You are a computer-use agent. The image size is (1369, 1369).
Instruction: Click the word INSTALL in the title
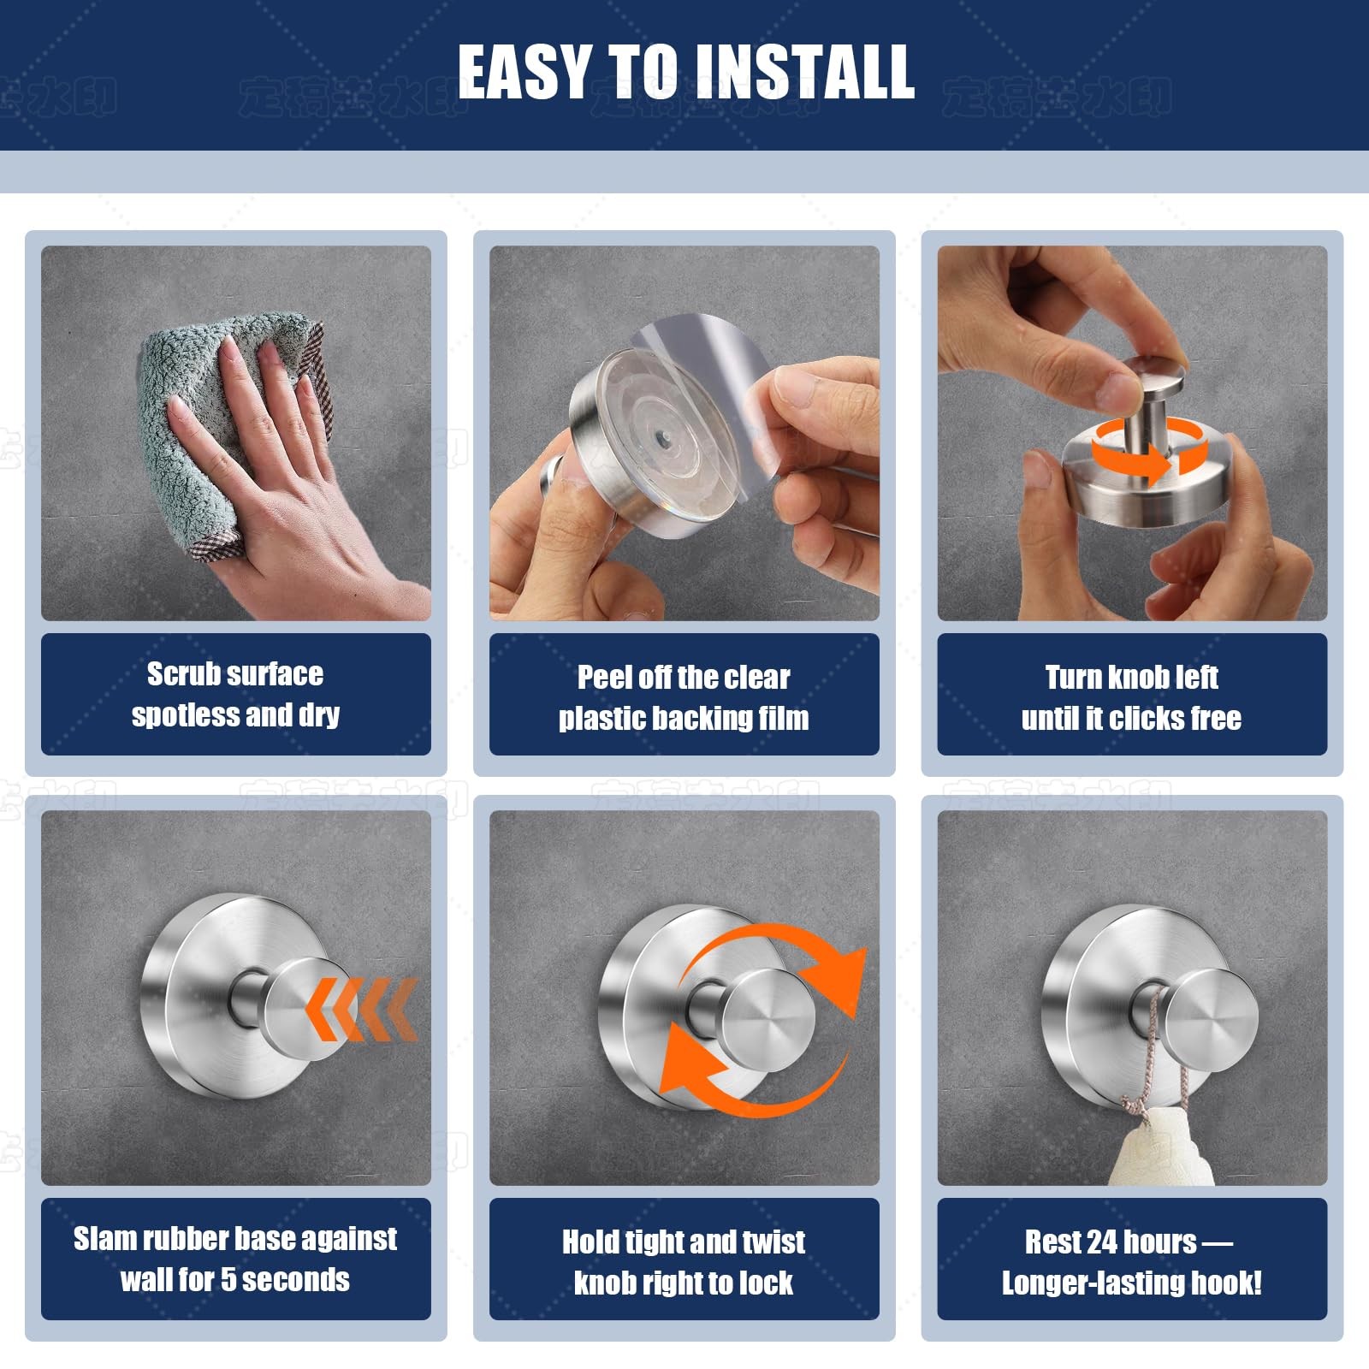(804, 72)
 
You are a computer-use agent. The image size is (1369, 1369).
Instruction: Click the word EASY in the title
(524, 72)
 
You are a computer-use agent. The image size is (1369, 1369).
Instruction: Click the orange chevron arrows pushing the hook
(364, 1010)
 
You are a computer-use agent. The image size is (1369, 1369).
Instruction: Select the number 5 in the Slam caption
(228, 1280)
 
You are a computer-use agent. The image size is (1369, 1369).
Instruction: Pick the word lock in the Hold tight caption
(767, 1283)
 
